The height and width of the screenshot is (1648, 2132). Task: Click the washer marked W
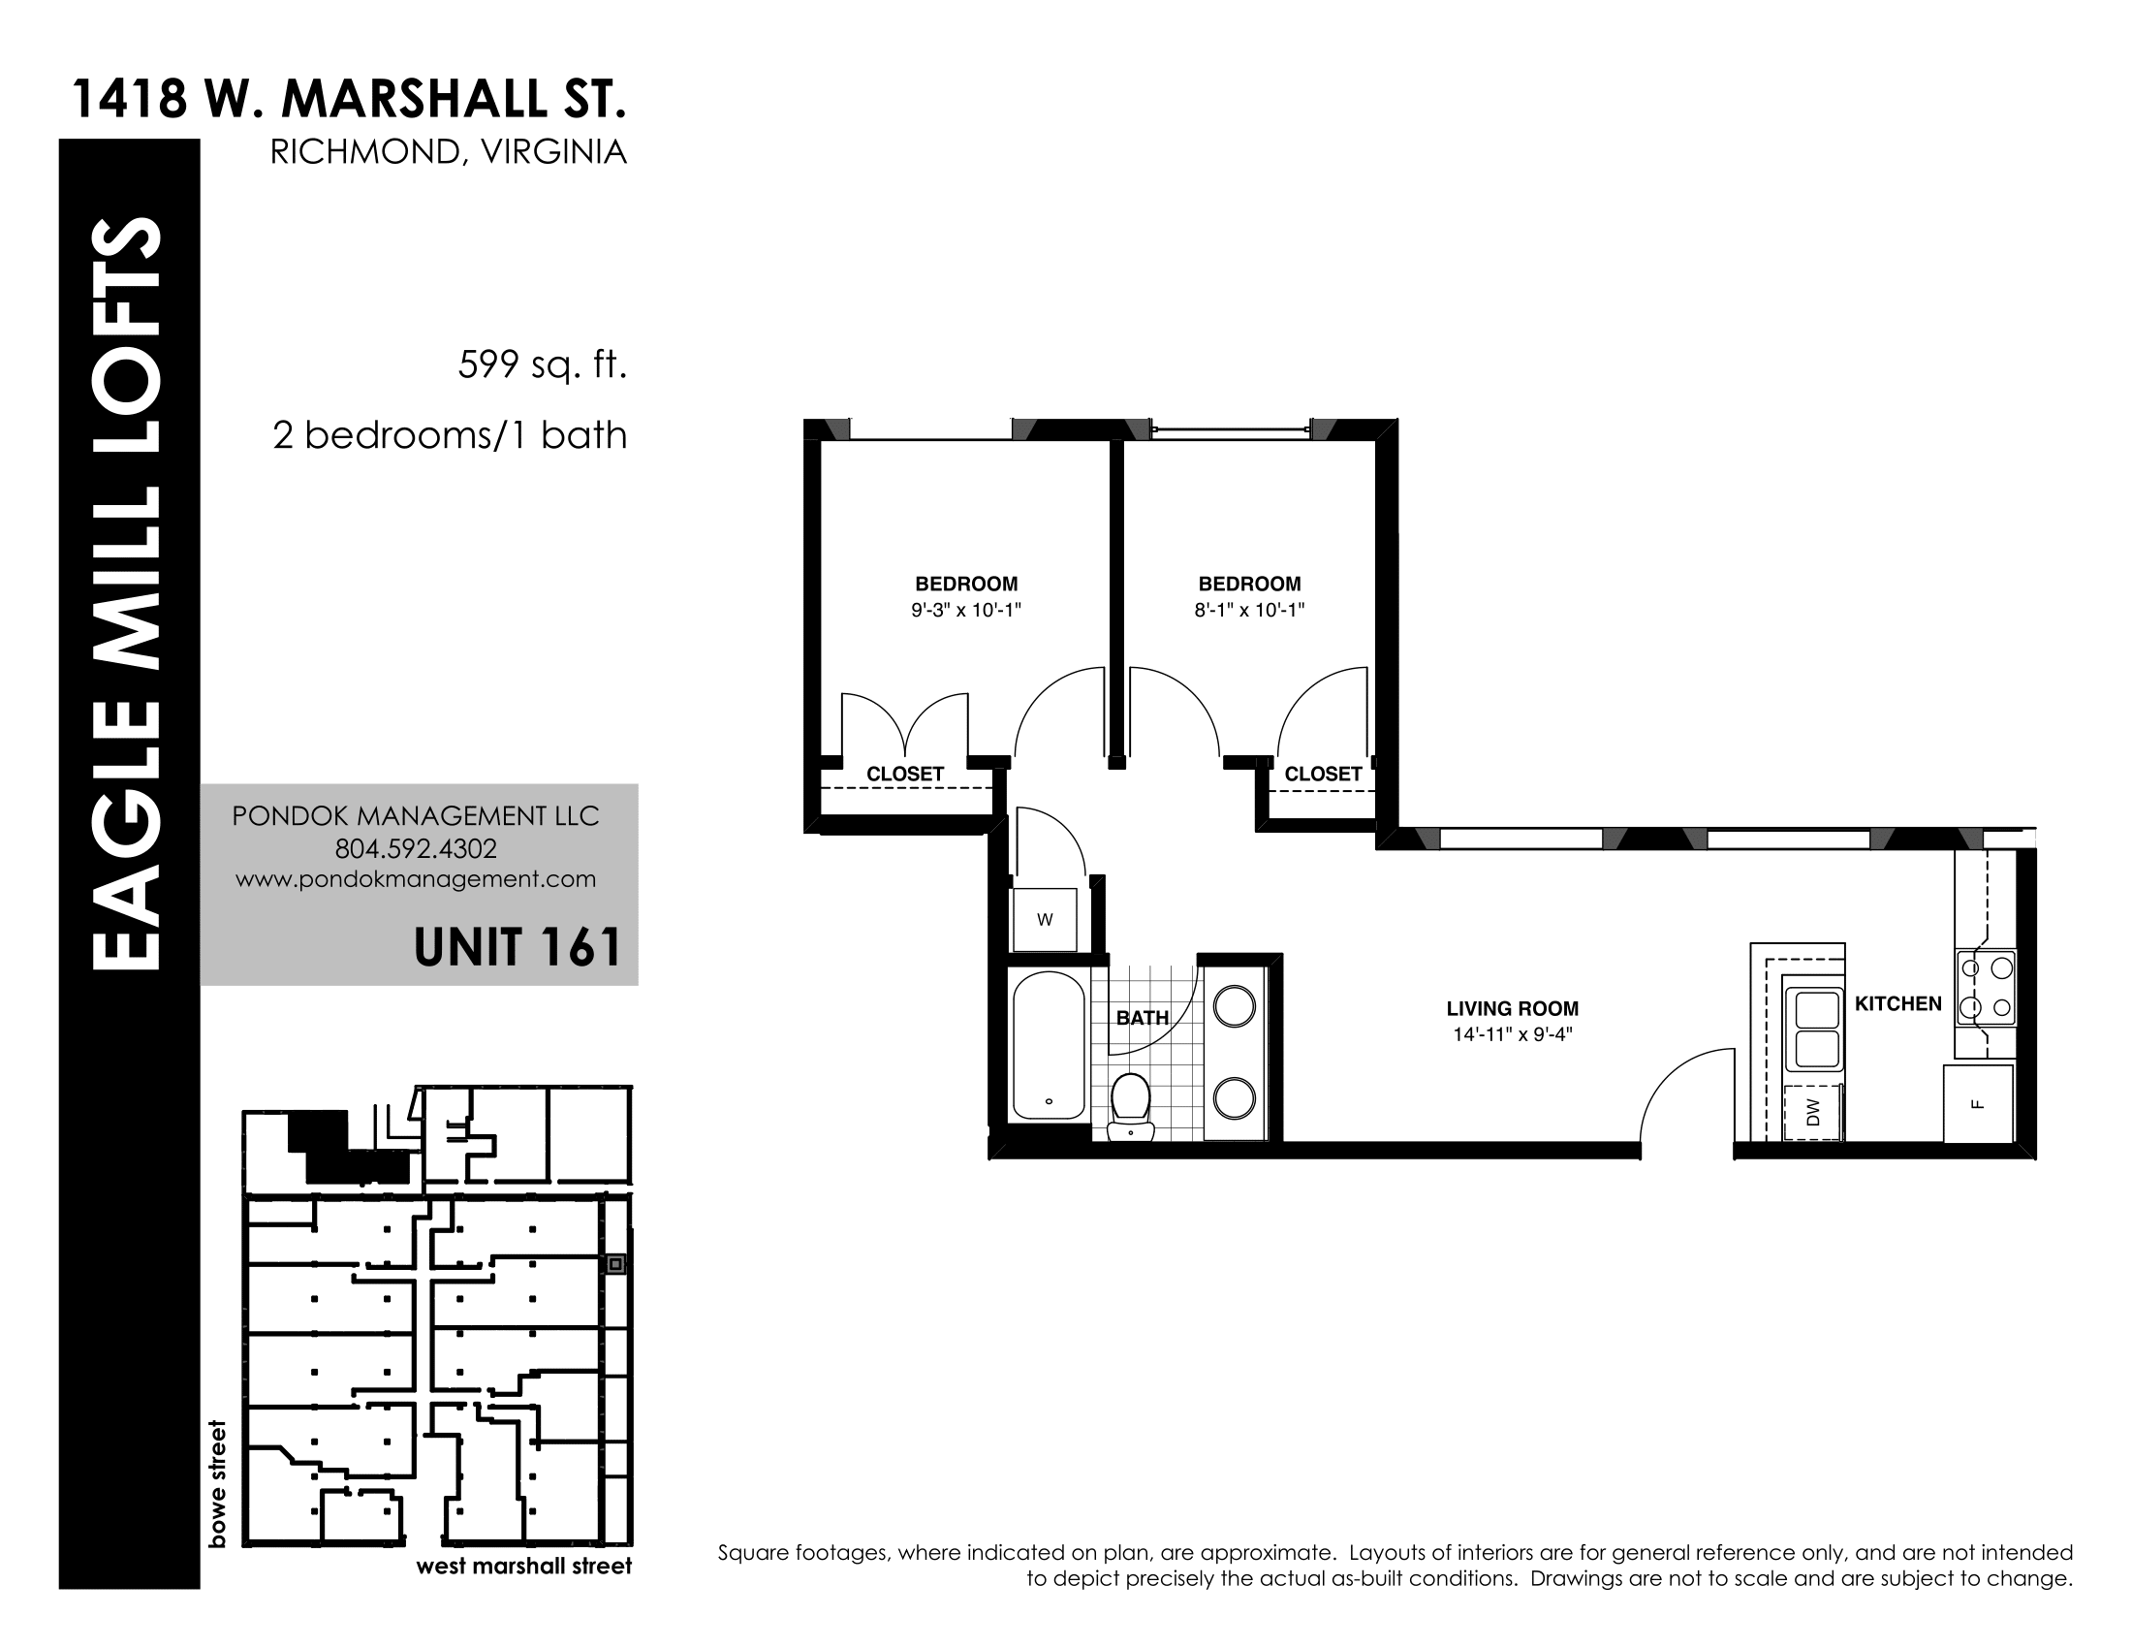pos(1045,919)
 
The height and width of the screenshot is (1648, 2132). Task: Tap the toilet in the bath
pos(1130,1106)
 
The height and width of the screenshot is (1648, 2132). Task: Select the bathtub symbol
pos(1049,1045)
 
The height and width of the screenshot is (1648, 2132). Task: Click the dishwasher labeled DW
pos(1813,1112)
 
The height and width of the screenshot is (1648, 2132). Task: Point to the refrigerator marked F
pos(1978,1104)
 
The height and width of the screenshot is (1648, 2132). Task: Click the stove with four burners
pos(1986,987)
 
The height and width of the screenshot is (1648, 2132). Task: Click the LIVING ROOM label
pos(1512,1008)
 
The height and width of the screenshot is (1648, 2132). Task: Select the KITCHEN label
pos(1897,1003)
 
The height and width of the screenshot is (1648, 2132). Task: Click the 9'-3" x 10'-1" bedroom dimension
pos(965,610)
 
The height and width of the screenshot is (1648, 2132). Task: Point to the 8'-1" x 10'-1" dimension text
pos(1249,610)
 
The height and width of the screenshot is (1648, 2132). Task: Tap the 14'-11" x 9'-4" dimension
pos(1512,1034)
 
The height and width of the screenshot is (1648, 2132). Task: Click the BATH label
pos(1143,1017)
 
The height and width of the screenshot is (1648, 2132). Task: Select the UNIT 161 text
pos(517,947)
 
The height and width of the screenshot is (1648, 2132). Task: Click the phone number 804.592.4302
pos(416,848)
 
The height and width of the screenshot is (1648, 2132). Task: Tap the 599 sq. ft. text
pos(542,366)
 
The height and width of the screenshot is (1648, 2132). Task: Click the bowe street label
pos(217,1483)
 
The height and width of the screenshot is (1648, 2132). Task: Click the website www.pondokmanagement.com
pos(416,878)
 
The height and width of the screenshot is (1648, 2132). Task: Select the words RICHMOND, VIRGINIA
pos(448,152)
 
